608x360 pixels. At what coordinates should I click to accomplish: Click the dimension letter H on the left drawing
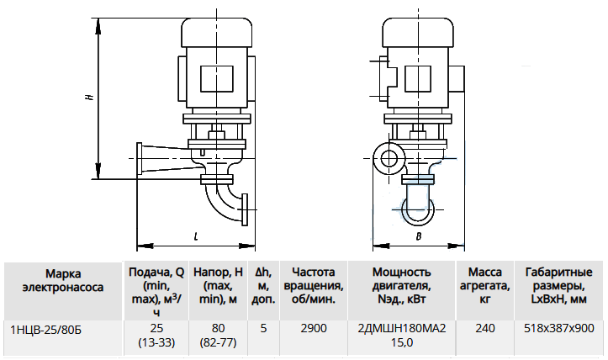(x=90, y=95)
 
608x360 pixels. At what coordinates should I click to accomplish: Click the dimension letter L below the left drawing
(x=196, y=236)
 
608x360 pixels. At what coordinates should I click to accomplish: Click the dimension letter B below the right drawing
(x=419, y=236)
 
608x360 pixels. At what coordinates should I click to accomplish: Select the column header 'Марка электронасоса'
(x=63, y=280)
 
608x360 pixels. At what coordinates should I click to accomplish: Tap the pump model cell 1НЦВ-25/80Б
(x=46, y=331)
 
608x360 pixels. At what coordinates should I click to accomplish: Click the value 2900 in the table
(x=314, y=329)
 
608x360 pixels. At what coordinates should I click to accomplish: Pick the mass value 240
(x=485, y=329)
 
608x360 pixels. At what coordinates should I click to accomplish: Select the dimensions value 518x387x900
(x=558, y=329)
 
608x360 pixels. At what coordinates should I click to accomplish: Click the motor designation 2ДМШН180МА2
(x=402, y=329)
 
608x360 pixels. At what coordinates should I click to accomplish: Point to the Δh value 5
(x=264, y=329)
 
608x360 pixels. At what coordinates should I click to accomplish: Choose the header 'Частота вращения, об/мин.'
(x=314, y=286)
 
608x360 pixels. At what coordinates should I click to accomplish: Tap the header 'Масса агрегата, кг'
(x=485, y=286)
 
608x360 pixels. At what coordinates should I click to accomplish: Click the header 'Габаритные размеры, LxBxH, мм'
(x=558, y=286)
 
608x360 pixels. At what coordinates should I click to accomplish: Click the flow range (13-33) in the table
(x=156, y=343)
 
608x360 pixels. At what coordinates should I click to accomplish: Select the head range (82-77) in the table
(x=218, y=343)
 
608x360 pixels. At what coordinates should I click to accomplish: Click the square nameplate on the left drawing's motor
(x=217, y=79)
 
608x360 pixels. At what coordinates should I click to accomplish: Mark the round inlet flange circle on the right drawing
(x=388, y=158)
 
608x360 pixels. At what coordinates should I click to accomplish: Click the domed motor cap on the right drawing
(x=418, y=33)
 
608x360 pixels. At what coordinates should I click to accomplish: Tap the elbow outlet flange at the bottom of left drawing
(x=244, y=209)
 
